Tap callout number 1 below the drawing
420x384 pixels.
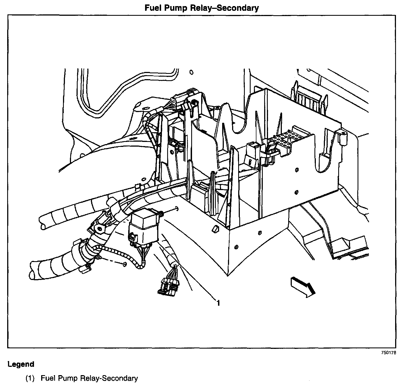tap(218, 303)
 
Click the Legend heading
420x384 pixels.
tap(21, 364)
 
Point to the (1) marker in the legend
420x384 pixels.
tap(30, 378)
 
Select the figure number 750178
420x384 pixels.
tap(389, 353)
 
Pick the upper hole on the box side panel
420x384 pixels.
tap(297, 169)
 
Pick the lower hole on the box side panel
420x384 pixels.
tap(296, 192)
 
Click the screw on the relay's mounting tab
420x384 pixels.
tap(161, 214)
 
